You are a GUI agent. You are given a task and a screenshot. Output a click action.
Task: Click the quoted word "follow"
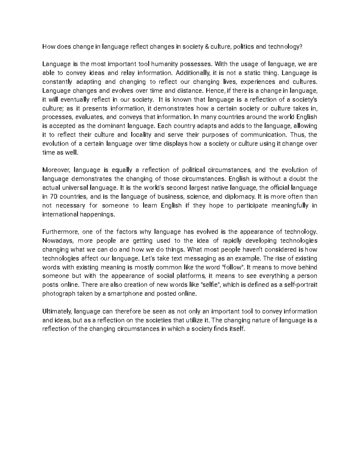pos(233,267)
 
